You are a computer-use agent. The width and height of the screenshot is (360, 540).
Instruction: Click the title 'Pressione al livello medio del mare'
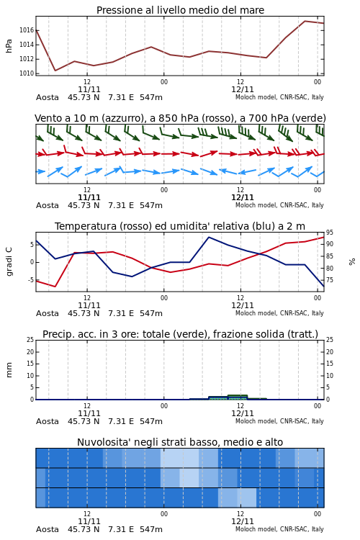point(180,10)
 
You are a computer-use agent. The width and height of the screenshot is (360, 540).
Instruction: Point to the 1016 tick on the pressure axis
point(27,30)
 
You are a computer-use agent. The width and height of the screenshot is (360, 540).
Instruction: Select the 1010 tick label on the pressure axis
point(27,73)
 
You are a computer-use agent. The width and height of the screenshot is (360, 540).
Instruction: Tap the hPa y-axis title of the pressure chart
point(9,46)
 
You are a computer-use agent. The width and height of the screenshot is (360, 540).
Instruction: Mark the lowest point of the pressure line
point(55,71)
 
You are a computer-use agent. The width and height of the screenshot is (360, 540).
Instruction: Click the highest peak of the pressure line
point(305,21)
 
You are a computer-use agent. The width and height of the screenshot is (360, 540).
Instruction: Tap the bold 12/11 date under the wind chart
point(243,197)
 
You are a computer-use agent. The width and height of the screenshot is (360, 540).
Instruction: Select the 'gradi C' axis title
point(9,261)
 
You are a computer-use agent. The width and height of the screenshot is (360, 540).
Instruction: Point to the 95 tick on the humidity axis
point(330,233)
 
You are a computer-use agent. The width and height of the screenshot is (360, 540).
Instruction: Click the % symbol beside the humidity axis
point(352,262)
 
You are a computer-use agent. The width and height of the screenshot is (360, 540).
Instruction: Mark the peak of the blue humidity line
point(209,237)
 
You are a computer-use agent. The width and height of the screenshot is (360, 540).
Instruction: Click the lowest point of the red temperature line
point(55,287)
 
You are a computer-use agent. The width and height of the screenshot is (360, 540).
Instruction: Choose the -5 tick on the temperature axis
point(32,280)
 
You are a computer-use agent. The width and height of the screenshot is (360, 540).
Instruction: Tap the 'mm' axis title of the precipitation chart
point(9,370)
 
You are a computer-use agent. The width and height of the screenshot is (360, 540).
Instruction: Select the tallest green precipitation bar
point(238,397)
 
